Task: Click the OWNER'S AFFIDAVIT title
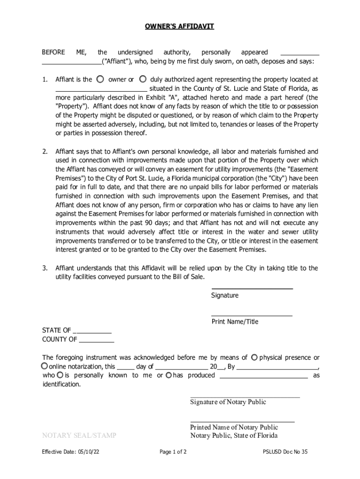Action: coord(180,27)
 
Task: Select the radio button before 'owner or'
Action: coord(101,79)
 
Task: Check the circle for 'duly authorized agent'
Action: coord(144,79)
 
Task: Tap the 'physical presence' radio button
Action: coord(254,357)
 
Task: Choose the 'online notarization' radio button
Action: coord(44,366)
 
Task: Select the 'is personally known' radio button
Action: coord(60,375)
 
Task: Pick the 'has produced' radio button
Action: coord(169,375)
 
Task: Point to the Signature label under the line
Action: coord(224,296)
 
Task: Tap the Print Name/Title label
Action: coord(235,322)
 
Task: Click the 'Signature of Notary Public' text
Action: coord(228,402)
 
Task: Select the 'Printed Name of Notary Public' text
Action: coord(234,427)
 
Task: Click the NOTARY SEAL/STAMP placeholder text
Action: coord(79,435)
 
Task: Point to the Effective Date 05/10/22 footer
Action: coord(70,452)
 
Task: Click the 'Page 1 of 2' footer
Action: coord(173,452)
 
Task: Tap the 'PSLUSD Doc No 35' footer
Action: coord(286,452)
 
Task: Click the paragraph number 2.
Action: coord(45,152)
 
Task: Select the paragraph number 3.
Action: coord(45,268)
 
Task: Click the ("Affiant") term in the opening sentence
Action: coord(117,62)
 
